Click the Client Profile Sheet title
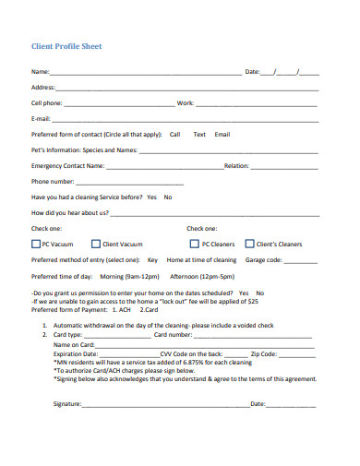(x=66, y=45)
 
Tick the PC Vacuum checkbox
(x=35, y=245)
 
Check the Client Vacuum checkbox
(x=96, y=245)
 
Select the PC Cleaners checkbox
(x=194, y=245)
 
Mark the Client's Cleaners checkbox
(x=248, y=245)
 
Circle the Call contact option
(x=174, y=134)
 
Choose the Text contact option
(x=198, y=134)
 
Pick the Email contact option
(x=222, y=134)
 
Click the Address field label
(x=43, y=88)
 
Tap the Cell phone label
(x=47, y=103)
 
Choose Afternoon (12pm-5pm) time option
(x=202, y=276)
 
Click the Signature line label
(x=67, y=404)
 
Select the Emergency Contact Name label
(x=68, y=166)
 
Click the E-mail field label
(x=41, y=119)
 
